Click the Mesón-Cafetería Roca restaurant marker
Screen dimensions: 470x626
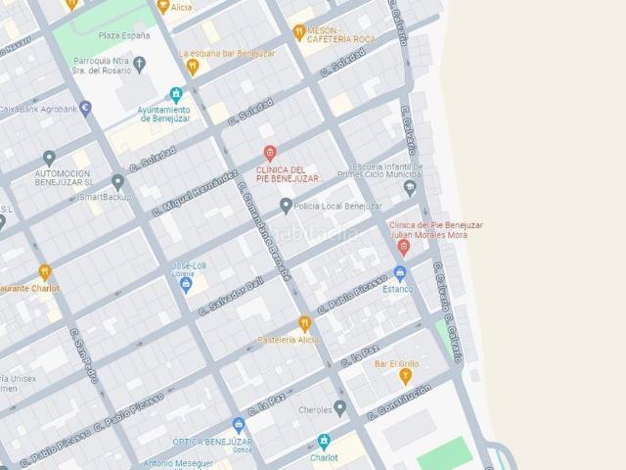(299, 32)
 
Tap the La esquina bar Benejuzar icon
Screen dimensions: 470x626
(193, 67)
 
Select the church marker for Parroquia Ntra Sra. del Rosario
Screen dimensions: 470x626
(139, 66)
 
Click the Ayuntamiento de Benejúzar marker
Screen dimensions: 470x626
(176, 95)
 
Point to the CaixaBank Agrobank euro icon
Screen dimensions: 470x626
(85, 109)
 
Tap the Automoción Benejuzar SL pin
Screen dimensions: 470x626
(49, 158)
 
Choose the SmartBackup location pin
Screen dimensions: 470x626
(117, 181)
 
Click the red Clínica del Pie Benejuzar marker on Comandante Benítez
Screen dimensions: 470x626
(271, 154)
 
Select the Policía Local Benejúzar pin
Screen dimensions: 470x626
(286, 206)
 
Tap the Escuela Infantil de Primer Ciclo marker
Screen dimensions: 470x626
(410, 187)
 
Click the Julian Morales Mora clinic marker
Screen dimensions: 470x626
(403, 247)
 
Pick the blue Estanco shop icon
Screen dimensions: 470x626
(399, 273)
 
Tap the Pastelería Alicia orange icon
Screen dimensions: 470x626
(304, 323)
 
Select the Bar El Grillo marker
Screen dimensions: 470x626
(405, 376)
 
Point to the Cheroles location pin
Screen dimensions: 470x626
(339, 408)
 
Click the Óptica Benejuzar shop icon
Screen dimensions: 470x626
(238, 425)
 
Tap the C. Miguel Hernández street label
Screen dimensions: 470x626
(196, 193)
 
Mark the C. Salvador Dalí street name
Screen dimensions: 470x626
(231, 296)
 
